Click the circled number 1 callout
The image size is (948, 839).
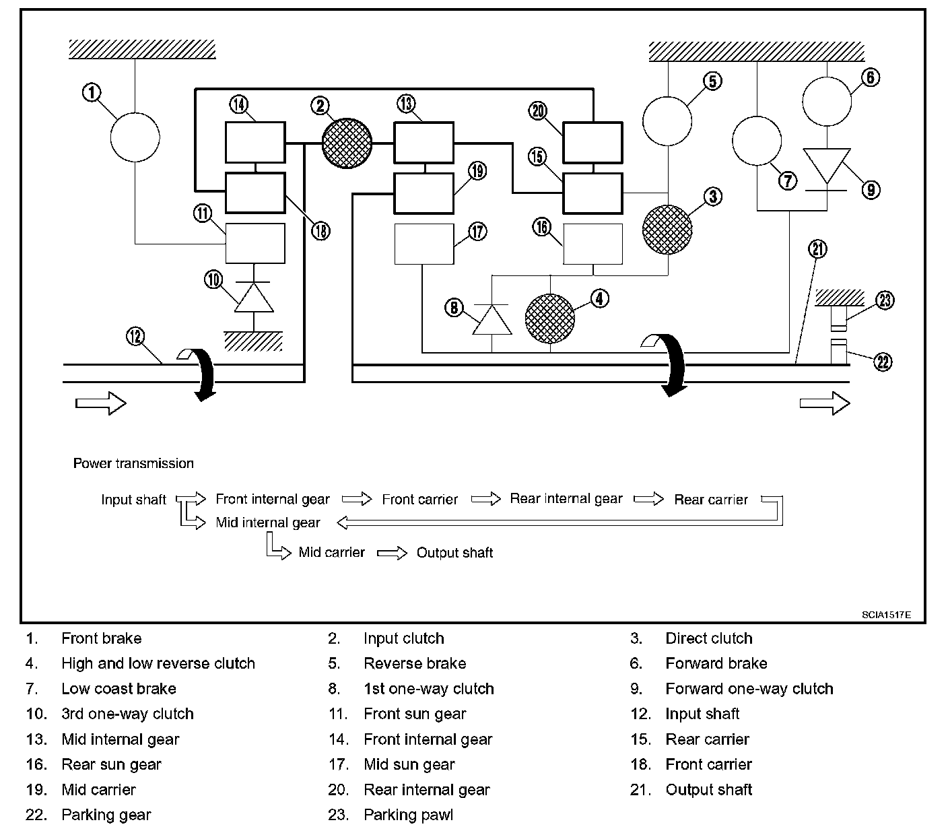tap(92, 92)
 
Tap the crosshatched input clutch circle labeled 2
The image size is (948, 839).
tap(347, 143)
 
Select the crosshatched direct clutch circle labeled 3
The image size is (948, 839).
tap(667, 230)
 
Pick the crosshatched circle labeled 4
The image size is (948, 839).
tap(550, 318)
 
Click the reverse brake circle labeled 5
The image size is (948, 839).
tap(667, 121)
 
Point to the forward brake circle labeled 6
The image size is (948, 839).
tap(827, 102)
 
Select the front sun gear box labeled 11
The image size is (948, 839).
tap(255, 243)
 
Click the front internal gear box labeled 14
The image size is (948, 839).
tap(255, 143)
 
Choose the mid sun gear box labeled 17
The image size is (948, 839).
tap(424, 244)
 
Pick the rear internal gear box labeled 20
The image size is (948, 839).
tap(593, 143)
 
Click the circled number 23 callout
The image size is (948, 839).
tap(885, 300)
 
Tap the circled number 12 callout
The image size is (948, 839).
tap(136, 337)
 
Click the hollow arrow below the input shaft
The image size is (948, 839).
tap(101, 403)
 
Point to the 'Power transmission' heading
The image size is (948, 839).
tap(133, 463)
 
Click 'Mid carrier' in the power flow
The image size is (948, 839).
tap(332, 552)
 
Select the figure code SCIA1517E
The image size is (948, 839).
tap(886, 615)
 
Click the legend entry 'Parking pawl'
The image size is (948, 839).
tap(409, 815)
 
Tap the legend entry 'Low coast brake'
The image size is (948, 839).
tap(119, 688)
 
